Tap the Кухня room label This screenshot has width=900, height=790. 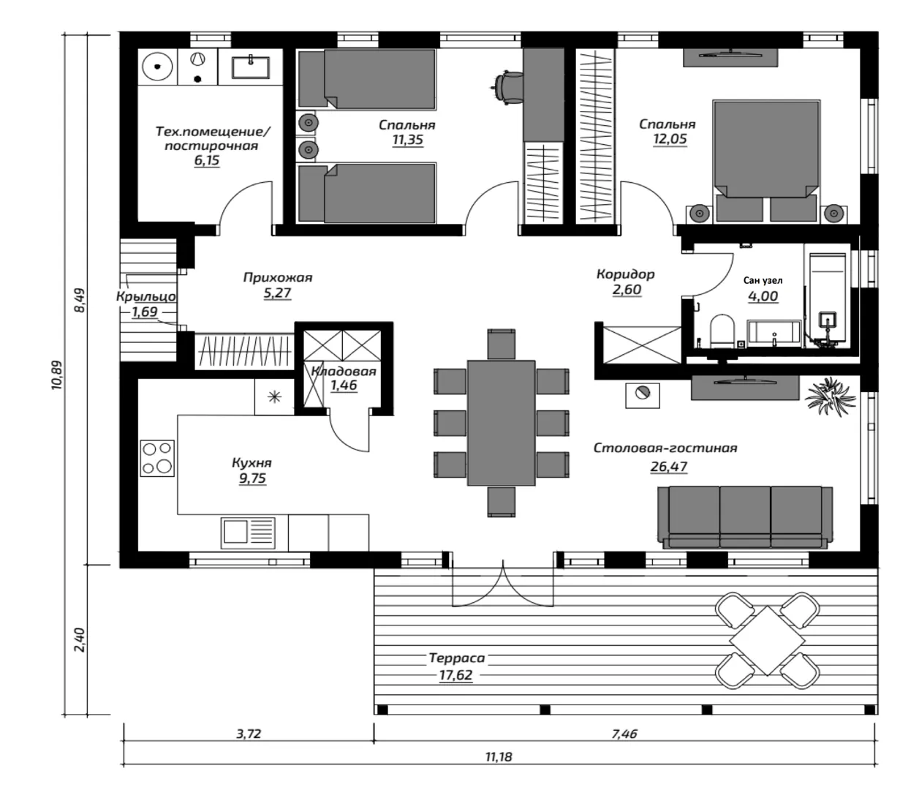click(x=252, y=463)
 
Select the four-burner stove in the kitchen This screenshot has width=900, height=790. click(x=158, y=457)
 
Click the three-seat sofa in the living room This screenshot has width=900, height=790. click(x=746, y=516)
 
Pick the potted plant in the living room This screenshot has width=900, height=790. click(x=830, y=396)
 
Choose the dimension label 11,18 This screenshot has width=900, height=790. click(x=498, y=757)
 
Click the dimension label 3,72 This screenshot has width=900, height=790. click(x=249, y=734)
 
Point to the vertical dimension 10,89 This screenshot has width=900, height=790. click(x=58, y=375)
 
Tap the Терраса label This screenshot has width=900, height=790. click(x=457, y=658)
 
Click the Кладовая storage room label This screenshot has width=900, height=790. click(x=344, y=372)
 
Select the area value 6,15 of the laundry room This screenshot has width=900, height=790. click(x=207, y=161)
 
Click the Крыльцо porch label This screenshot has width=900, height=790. click(x=145, y=296)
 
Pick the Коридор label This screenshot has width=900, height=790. click(x=625, y=274)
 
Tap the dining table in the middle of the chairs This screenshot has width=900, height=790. click(x=501, y=422)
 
